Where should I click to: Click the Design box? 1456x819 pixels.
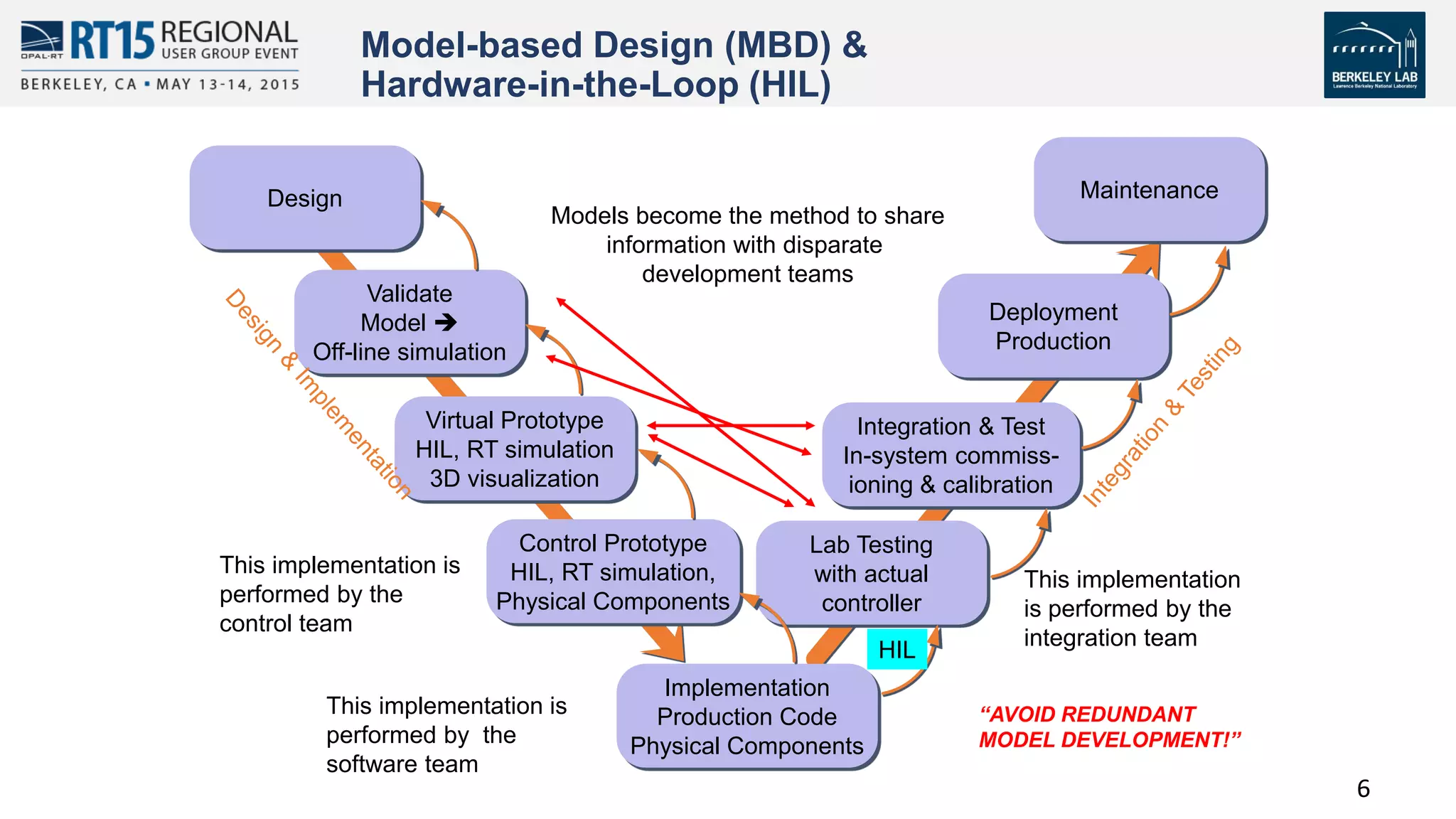pyautogui.click(x=306, y=198)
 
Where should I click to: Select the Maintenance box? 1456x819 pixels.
pyautogui.click(x=1149, y=190)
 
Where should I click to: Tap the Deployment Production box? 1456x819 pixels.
pyautogui.click(x=1053, y=326)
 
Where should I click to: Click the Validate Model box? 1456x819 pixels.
pyautogui.click(x=409, y=323)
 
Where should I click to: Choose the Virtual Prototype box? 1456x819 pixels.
pyautogui.click(x=515, y=449)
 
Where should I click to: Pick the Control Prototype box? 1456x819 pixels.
pyautogui.click(x=613, y=572)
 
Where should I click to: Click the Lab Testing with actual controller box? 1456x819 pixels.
pyautogui.click(x=871, y=574)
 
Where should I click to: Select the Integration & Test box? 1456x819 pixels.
pyautogui.click(x=951, y=455)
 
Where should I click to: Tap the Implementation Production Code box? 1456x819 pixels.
pyautogui.click(x=746, y=717)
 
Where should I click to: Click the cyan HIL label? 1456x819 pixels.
pyautogui.click(x=896, y=650)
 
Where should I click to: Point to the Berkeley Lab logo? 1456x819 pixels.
pyautogui.click(x=1374, y=55)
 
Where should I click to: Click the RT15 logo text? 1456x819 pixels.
pyautogui.click(x=112, y=41)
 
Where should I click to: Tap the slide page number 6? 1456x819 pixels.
pyautogui.click(x=1363, y=788)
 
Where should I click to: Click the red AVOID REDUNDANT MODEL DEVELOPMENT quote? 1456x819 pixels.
pyautogui.click(x=1109, y=727)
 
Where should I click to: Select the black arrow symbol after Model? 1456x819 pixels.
pyautogui.click(x=446, y=323)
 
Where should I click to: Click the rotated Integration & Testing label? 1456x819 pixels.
pyautogui.click(x=1162, y=422)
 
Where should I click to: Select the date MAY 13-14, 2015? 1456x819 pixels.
pyautogui.click(x=227, y=85)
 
